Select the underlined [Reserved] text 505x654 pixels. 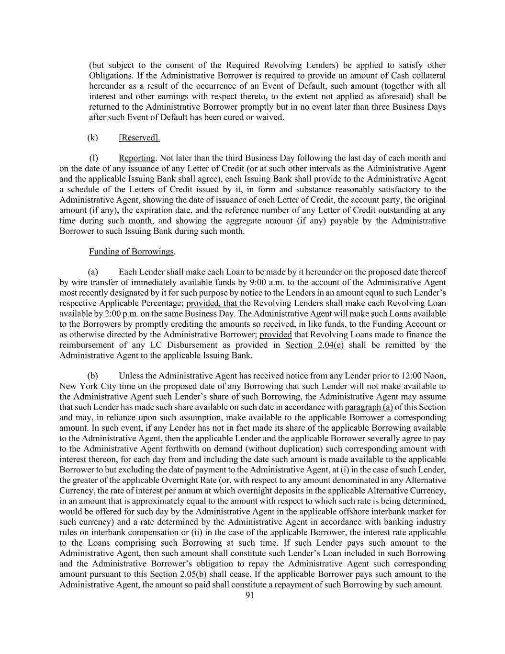pos(139,138)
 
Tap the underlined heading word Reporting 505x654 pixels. pos(137,158)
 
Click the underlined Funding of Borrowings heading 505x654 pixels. pos(132,252)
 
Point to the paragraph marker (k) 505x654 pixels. pos(92,138)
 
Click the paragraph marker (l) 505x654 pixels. pos(94,158)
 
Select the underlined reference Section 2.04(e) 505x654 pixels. pos(314,345)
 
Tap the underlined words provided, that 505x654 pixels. pos(213,303)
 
